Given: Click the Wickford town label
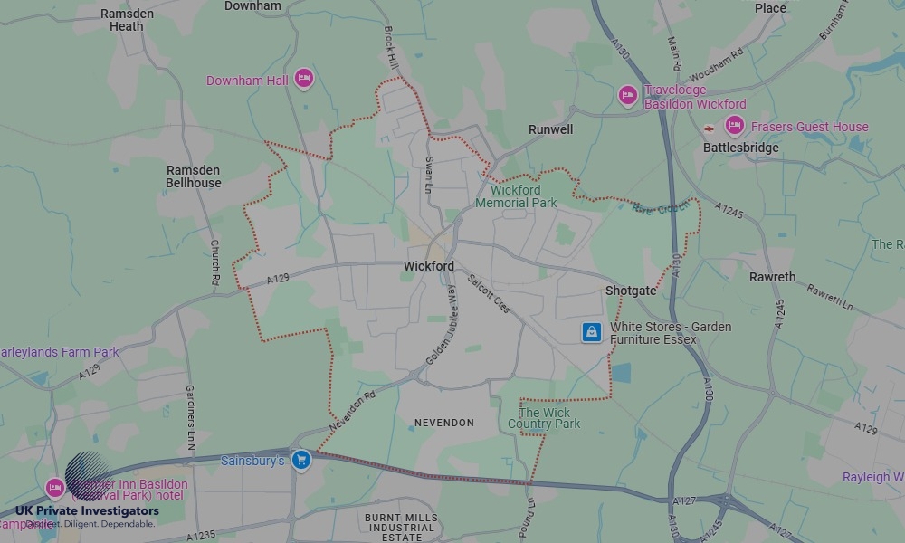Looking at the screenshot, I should (429, 267).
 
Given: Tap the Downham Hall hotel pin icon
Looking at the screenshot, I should (304, 80).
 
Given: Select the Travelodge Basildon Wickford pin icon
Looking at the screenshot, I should (628, 95).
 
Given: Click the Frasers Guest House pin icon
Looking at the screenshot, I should (734, 126).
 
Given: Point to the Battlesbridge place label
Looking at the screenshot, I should (740, 148).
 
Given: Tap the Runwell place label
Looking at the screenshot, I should (550, 129).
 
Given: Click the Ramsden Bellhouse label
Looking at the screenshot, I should (193, 176).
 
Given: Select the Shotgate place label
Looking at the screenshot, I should (631, 291).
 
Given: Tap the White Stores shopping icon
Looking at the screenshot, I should (591, 332).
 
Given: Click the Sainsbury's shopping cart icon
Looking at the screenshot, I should (301, 461).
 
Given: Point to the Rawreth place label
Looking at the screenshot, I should (772, 277).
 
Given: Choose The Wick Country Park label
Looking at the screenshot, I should (544, 418).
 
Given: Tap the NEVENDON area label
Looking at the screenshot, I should (443, 423).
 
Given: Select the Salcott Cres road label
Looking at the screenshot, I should (489, 293).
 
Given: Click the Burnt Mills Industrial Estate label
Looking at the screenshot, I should (401, 528).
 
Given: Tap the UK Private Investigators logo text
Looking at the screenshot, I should (87, 511).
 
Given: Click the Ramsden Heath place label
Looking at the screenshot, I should (127, 20).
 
